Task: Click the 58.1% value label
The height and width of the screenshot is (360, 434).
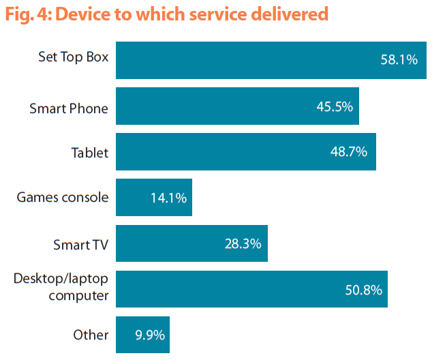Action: (x=399, y=60)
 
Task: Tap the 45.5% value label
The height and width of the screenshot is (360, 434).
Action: (x=335, y=106)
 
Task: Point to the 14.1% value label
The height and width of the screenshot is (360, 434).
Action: (x=168, y=198)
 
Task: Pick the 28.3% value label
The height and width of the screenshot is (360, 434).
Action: (x=243, y=243)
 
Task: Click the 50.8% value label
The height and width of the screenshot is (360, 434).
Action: (x=362, y=289)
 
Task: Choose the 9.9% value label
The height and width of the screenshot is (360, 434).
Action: (x=149, y=335)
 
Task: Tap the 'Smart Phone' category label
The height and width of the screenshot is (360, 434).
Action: (x=69, y=108)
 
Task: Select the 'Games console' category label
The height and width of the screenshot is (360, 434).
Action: (x=63, y=198)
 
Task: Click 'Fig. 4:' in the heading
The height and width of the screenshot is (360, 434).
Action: (x=26, y=14)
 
